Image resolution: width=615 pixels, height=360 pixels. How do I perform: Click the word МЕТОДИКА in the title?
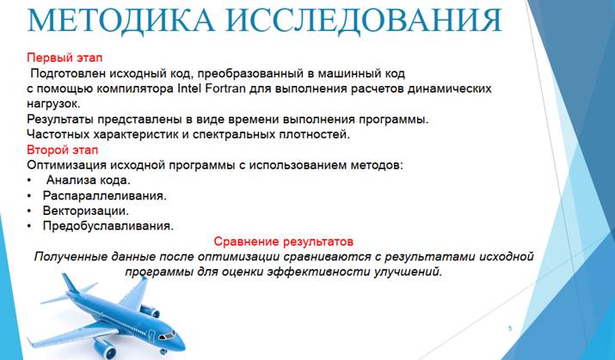pyautogui.click(x=120, y=20)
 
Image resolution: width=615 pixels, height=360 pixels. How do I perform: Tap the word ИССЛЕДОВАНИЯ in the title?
pyautogui.click(x=365, y=20)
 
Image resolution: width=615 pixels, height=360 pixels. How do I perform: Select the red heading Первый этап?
pyautogui.click(x=65, y=58)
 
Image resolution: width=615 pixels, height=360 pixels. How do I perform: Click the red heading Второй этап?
pyautogui.click(x=63, y=149)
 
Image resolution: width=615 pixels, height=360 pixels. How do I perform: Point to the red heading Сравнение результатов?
pyautogui.click(x=284, y=241)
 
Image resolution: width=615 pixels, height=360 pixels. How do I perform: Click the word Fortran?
pyautogui.click(x=225, y=88)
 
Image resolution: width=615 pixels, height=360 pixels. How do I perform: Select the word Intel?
pyautogui.click(x=189, y=88)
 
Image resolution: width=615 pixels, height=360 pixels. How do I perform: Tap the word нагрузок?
pyautogui.click(x=53, y=104)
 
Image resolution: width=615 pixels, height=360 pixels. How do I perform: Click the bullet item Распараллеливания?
pyautogui.click(x=105, y=196)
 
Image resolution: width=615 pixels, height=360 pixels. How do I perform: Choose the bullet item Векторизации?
pyautogui.click(x=86, y=211)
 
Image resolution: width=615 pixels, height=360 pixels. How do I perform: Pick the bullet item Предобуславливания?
pyautogui.click(x=108, y=226)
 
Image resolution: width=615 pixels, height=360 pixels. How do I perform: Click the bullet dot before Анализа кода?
pyautogui.click(x=29, y=180)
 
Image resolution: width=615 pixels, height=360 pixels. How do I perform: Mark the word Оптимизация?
pyautogui.click(x=66, y=165)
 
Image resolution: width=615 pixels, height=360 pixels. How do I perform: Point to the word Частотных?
pyautogui.click(x=58, y=134)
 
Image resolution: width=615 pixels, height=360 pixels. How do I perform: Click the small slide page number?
pyautogui.click(x=510, y=328)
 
